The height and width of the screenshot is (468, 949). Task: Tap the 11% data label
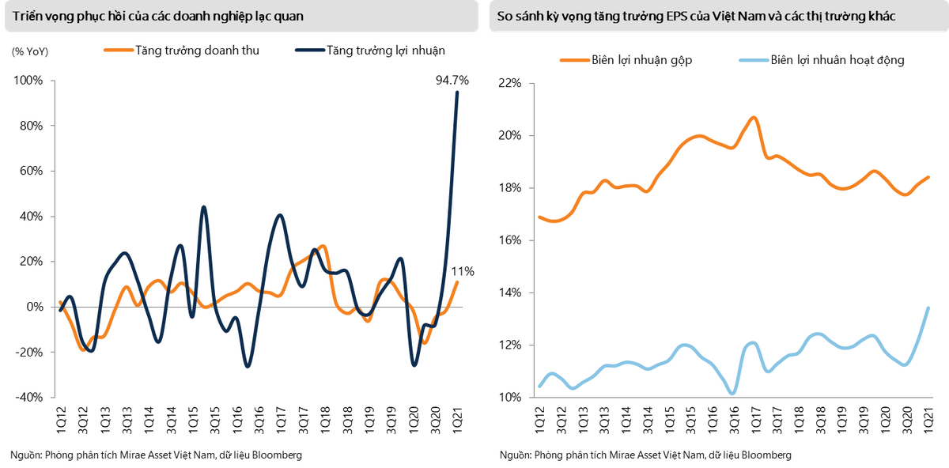pyautogui.click(x=463, y=271)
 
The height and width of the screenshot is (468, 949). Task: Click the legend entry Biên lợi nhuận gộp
pyautogui.click(x=641, y=60)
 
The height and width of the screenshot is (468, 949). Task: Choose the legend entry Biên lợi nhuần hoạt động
pyautogui.click(x=837, y=60)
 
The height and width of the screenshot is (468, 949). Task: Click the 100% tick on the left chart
pyautogui.click(x=28, y=81)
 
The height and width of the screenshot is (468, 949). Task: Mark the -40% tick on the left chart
pyautogui.click(x=28, y=398)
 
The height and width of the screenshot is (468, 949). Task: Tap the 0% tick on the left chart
pyautogui.click(x=35, y=307)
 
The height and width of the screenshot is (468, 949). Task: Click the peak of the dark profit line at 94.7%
pyautogui.click(x=456, y=92)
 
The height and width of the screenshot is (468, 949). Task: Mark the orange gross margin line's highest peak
pyautogui.click(x=753, y=118)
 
